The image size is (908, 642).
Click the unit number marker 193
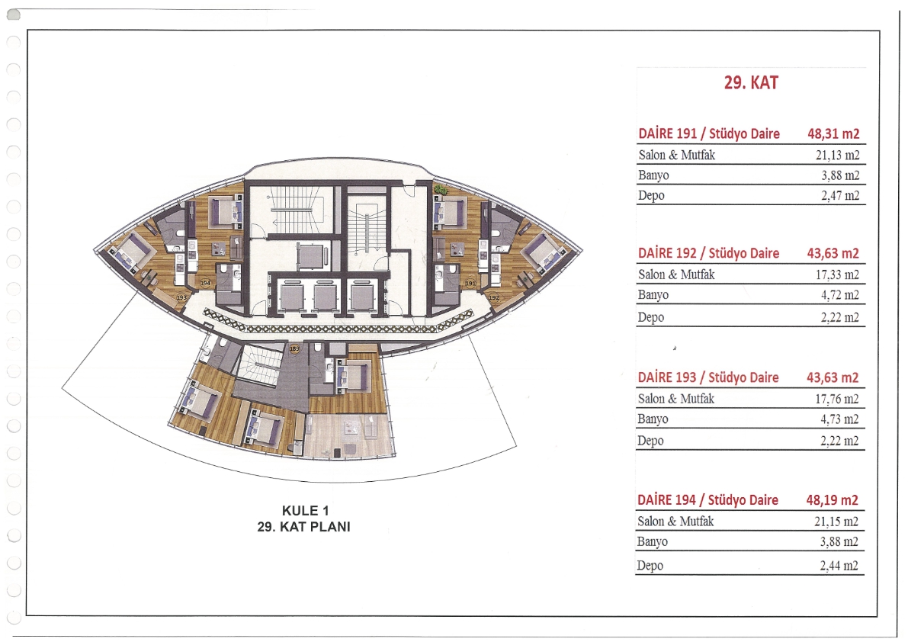182,297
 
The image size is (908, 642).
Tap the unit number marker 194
205,283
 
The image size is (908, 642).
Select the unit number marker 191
470,284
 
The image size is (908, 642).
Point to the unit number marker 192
493,297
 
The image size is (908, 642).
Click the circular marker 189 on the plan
295,348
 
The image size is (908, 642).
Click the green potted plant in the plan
441,189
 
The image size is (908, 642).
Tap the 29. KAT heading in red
750,83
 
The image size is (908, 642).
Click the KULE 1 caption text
305,511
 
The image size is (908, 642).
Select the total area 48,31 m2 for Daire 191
833,133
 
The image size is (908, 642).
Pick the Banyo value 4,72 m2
839,294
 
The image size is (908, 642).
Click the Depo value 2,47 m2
839,195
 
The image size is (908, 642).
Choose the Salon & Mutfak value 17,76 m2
837,399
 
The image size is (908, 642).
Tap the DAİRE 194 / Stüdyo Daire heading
707,500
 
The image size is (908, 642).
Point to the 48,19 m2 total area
832,500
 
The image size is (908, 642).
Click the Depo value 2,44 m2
839,566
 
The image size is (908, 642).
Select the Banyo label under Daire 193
653,419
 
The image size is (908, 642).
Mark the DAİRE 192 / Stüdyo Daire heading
708,253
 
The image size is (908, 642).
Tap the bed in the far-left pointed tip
133,251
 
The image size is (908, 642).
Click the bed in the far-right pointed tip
544,250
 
